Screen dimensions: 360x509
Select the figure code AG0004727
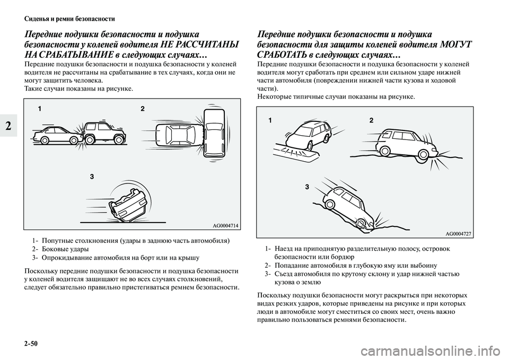(458, 233)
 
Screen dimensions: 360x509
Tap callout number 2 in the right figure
(371, 120)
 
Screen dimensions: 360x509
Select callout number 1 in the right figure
(270, 120)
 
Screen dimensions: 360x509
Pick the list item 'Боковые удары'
(65, 249)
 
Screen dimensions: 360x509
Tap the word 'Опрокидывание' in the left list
(69, 258)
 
